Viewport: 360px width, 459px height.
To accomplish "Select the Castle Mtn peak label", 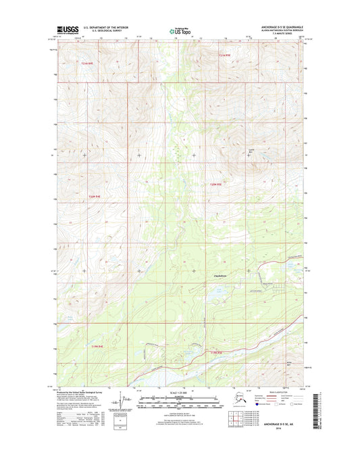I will coord(252,151).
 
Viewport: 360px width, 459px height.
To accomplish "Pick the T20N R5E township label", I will coord(215,184).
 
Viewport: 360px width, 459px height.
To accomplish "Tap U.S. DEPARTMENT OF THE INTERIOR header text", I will coord(110,28).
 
